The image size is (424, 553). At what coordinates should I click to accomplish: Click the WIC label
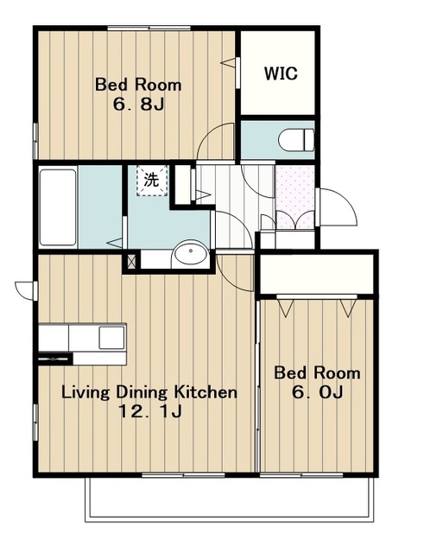pyautogui.click(x=281, y=73)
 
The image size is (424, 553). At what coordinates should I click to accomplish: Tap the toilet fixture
pyautogui.click(x=295, y=140)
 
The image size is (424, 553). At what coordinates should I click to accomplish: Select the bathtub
pyautogui.click(x=58, y=207)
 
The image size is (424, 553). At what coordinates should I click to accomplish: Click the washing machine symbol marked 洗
pyautogui.click(x=152, y=181)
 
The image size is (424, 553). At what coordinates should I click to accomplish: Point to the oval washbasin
pyautogui.click(x=191, y=251)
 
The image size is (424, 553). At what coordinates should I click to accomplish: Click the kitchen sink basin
pyautogui.click(x=111, y=338)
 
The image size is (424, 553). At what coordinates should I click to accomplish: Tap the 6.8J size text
pyautogui.click(x=138, y=104)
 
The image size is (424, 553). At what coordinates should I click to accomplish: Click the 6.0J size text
pyautogui.click(x=317, y=392)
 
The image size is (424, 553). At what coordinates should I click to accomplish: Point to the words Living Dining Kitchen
pyautogui.click(x=149, y=392)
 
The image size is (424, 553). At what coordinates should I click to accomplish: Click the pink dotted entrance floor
pyautogui.click(x=294, y=197)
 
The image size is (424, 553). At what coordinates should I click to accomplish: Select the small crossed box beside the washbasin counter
pyautogui.click(x=131, y=262)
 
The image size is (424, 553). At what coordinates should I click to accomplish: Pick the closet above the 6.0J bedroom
pyautogui.click(x=317, y=273)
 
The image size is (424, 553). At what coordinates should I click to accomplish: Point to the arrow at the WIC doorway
pyautogui.click(x=227, y=63)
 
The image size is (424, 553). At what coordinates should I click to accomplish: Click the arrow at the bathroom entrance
pyautogui.click(x=114, y=243)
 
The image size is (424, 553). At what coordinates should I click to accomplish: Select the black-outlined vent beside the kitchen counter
pyautogui.click(x=54, y=359)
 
